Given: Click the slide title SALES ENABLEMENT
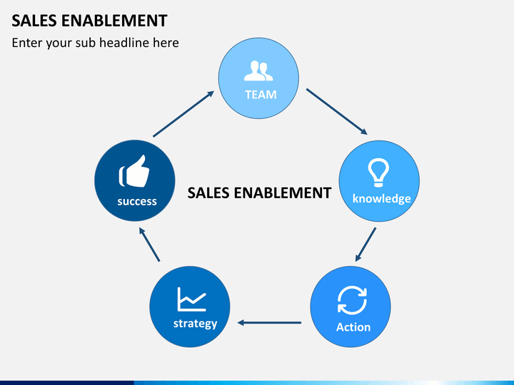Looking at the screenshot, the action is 89,20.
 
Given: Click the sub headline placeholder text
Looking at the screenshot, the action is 96,43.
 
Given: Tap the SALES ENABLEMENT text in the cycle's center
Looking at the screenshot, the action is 259,192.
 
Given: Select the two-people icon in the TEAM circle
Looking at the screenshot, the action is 258,71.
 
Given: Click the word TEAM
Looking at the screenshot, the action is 261,95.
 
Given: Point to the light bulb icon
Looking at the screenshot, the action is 378,173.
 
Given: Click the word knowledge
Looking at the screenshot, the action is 381,199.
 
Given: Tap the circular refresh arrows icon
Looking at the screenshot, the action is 352,300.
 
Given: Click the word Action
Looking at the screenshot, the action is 353,327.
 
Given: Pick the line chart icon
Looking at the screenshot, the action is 192,299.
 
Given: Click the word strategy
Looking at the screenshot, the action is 196,324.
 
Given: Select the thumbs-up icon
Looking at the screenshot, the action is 134,171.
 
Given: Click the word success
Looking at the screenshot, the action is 137,201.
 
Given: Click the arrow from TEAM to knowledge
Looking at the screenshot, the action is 337,112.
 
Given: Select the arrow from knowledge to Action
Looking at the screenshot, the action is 366,245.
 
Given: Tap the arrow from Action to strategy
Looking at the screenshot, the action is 269,323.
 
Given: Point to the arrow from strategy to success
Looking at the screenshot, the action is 149,245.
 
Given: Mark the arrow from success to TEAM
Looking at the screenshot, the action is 183,114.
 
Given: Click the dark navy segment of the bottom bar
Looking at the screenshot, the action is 67,383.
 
